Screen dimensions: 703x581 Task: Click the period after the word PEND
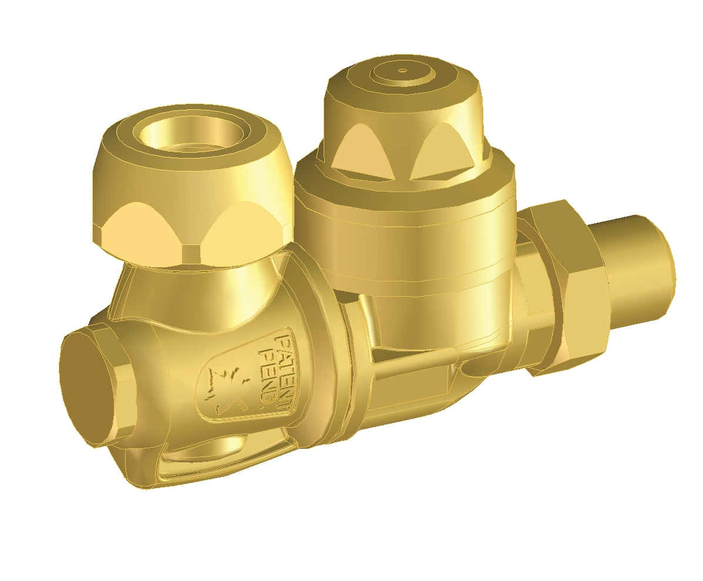[264, 407]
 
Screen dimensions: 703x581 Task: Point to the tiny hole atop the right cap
[403, 70]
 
